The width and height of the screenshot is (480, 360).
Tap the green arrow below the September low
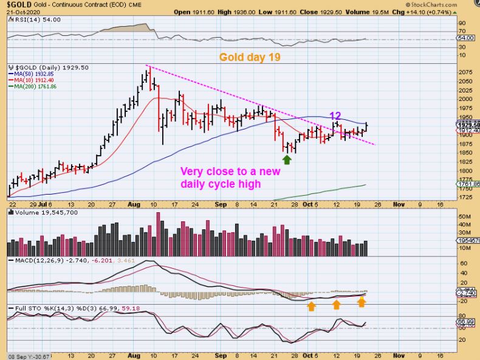tap(287, 159)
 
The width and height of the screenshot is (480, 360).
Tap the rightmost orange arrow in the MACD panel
tap(362, 301)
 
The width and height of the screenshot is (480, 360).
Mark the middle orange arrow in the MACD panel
tap(337, 305)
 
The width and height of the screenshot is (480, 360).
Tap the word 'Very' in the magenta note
tap(194, 171)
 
